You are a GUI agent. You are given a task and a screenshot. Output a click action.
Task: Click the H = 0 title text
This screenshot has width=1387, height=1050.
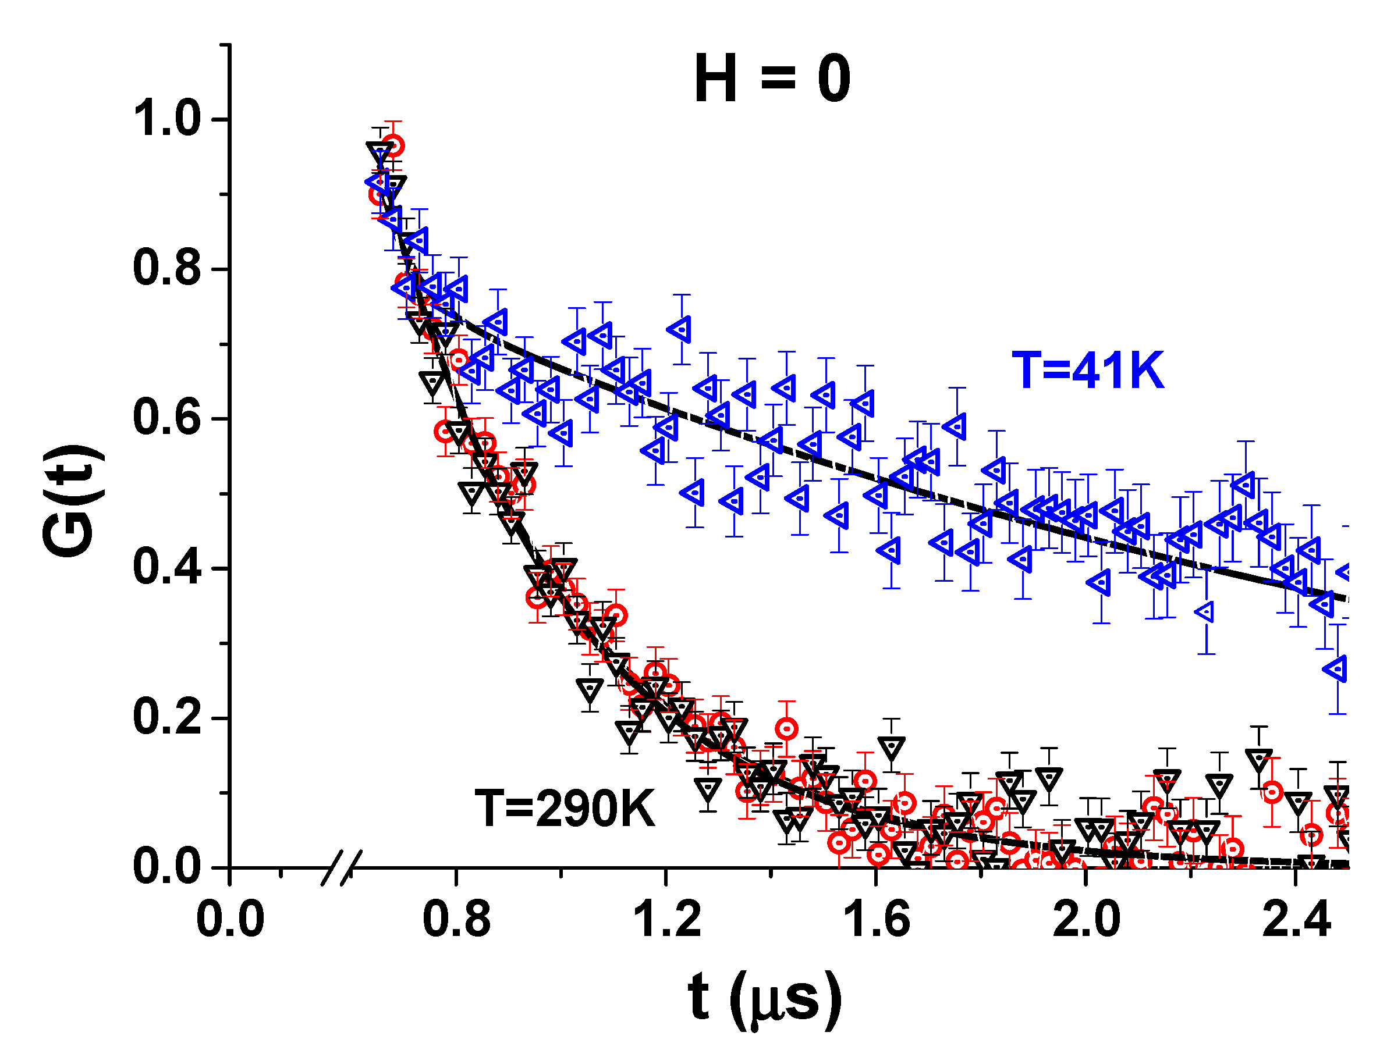tap(772, 79)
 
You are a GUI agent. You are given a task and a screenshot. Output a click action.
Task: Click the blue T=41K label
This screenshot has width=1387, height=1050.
tap(1088, 371)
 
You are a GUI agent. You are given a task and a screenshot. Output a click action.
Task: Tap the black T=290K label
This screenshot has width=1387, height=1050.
tap(565, 809)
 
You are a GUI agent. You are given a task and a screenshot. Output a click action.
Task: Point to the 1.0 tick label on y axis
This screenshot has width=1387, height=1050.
tap(166, 119)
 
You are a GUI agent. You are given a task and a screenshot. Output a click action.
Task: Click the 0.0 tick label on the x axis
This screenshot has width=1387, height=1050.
tap(230, 920)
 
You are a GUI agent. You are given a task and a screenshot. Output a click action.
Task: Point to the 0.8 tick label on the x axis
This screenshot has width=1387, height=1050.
tap(456, 920)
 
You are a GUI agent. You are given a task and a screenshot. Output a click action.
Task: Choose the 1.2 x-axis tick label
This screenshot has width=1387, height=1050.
tap(666, 920)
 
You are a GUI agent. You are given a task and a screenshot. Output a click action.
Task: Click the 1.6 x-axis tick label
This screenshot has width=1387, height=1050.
tap(876, 920)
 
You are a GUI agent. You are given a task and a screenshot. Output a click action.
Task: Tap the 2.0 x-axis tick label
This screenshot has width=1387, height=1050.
tap(1086, 920)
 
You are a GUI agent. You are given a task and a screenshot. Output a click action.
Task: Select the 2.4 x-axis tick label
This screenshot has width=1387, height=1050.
tap(1296, 920)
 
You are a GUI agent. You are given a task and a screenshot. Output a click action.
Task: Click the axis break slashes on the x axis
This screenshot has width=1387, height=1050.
tap(342, 867)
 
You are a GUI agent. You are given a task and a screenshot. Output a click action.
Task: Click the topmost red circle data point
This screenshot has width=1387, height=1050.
tap(393, 146)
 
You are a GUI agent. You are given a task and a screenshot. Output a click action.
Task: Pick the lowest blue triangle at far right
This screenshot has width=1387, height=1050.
tap(1337, 669)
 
